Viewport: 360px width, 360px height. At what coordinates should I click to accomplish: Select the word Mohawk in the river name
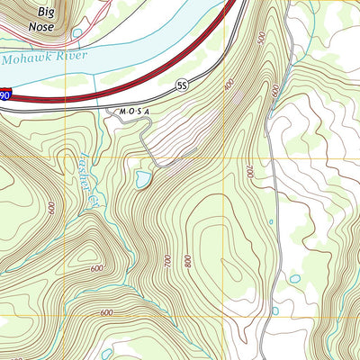[x=24, y=58]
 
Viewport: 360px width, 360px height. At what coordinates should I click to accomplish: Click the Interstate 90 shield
[x=5, y=94]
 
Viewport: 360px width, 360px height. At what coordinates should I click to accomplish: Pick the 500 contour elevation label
[x=261, y=41]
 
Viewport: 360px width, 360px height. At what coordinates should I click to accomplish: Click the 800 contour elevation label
[x=187, y=262]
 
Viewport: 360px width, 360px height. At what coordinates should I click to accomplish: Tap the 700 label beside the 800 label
[x=167, y=260]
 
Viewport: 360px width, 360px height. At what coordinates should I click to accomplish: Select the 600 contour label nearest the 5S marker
[x=229, y=84]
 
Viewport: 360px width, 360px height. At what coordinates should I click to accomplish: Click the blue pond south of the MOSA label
[x=143, y=180]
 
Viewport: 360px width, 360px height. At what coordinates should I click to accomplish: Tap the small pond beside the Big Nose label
[x=76, y=34]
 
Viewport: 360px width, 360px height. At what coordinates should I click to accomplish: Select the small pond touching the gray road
[x=274, y=310]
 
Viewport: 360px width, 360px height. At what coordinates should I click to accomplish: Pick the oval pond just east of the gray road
[x=295, y=278]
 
